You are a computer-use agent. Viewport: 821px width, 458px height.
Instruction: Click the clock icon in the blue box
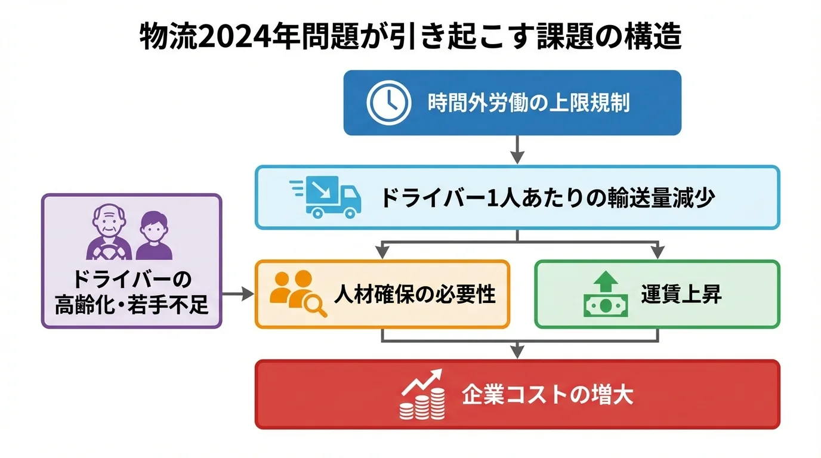click(x=389, y=103)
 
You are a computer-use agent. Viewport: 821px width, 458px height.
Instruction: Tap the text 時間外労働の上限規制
click(x=529, y=103)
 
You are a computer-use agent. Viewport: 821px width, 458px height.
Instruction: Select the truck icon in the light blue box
click(x=327, y=197)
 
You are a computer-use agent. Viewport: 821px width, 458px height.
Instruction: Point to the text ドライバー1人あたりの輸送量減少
click(x=547, y=198)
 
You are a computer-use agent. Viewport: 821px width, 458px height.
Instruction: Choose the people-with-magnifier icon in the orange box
click(x=297, y=293)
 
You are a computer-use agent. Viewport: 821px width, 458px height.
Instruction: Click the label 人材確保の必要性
click(x=415, y=294)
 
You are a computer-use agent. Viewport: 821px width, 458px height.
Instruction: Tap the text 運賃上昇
click(x=682, y=294)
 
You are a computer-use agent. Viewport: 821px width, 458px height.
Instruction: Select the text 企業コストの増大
click(x=547, y=395)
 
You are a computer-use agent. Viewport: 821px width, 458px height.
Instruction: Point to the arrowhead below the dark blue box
click(x=517, y=157)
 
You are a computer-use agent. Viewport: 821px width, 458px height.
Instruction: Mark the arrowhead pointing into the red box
click(x=517, y=352)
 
